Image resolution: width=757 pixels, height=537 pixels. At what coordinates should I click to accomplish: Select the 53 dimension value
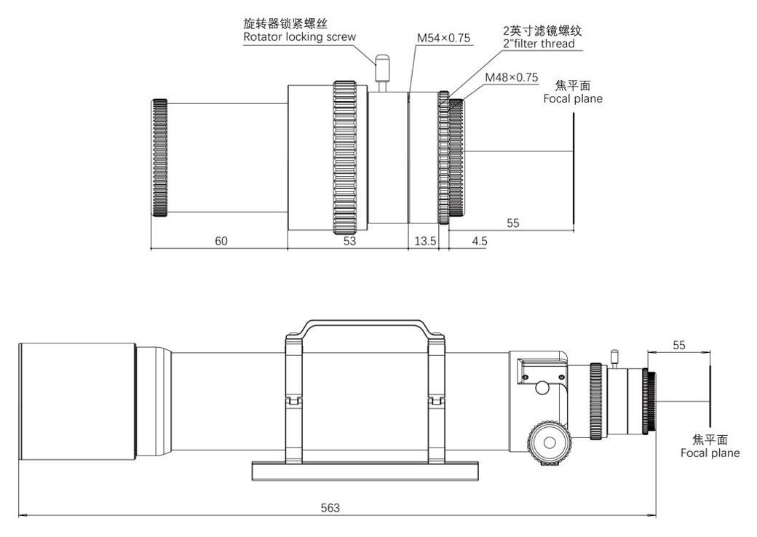pyautogui.click(x=349, y=241)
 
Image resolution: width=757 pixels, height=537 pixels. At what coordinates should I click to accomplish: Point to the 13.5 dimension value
pyautogui.click(x=424, y=241)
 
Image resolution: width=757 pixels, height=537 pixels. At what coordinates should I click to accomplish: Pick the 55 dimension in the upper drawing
pyautogui.click(x=512, y=223)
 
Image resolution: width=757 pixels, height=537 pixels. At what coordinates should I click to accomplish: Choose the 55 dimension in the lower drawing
pyautogui.click(x=678, y=345)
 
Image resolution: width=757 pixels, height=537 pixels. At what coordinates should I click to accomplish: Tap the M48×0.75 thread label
pyautogui.click(x=511, y=77)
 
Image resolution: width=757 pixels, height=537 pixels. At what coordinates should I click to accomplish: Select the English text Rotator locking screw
pyautogui.click(x=300, y=36)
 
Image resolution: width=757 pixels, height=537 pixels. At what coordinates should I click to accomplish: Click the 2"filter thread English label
pyautogui.click(x=539, y=44)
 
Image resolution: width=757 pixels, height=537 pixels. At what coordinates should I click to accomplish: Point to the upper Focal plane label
pyautogui.click(x=573, y=98)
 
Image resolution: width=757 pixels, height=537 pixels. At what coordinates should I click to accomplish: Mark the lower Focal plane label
pyautogui.click(x=710, y=453)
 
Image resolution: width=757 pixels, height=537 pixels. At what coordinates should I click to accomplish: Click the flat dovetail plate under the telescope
pyautogui.click(x=364, y=470)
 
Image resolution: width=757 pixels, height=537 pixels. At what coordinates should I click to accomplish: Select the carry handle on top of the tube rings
pyautogui.click(x=364, y=325)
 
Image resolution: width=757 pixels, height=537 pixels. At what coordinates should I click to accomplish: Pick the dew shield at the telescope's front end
pyautogui.click(x=77, y=402)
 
